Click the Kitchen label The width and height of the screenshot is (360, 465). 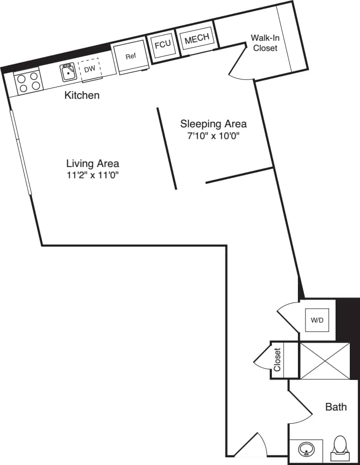pyautogui.click(x=82, y=95)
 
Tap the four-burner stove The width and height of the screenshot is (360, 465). pyautogui.click(x=29, y=81)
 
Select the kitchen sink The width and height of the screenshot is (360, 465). pyautogui.click(x=68, y=73)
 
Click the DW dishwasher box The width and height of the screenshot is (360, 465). pyautogui.click(x=90, y=69)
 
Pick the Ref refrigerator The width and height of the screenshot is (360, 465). pyautogui.click(x=131, y=57)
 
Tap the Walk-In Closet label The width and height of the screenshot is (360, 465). pyautogui.click(x=265, y=43)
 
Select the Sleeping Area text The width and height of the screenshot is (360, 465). pyautogui.click(x=213, y=124)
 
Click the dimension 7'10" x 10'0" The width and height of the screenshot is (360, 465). pyautogui.click(x=213, y=136)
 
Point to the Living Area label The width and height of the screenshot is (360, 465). pyautogui.click(x=93, y=163)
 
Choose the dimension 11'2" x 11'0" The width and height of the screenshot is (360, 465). pyautogui.click(x=93, y=176)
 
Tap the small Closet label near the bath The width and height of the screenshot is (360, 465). pyautogui.click(x=278, y=360)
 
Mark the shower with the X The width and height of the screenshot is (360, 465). pyautogui.click(x=324, y=361)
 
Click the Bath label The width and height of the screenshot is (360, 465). pyautogui.click(x=336, y=406)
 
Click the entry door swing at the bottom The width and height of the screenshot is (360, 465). pyautogui.click(x=252, y=444)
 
